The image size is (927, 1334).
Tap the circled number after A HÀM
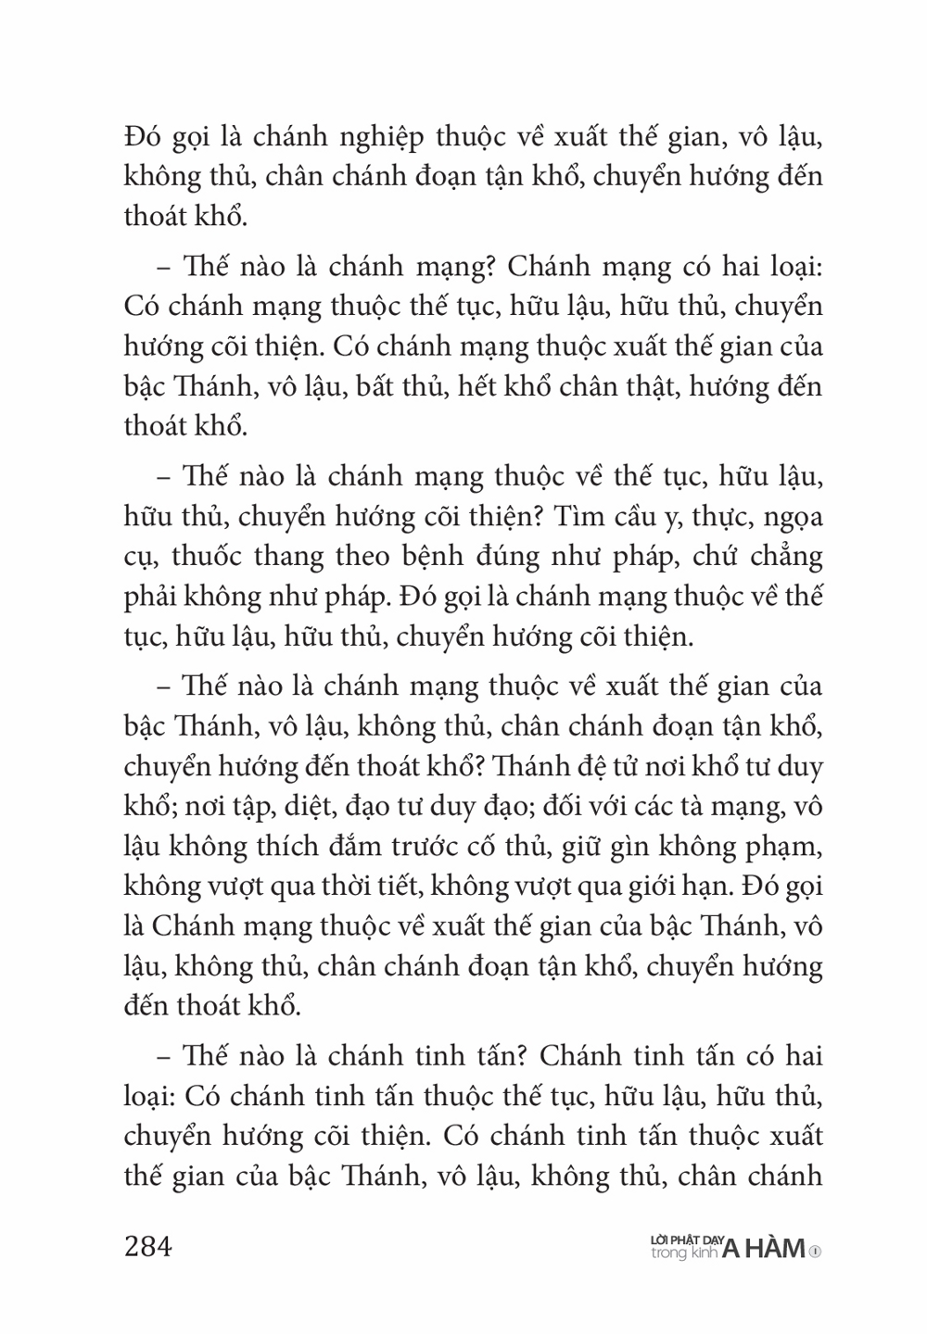(x=815, y=1252)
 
